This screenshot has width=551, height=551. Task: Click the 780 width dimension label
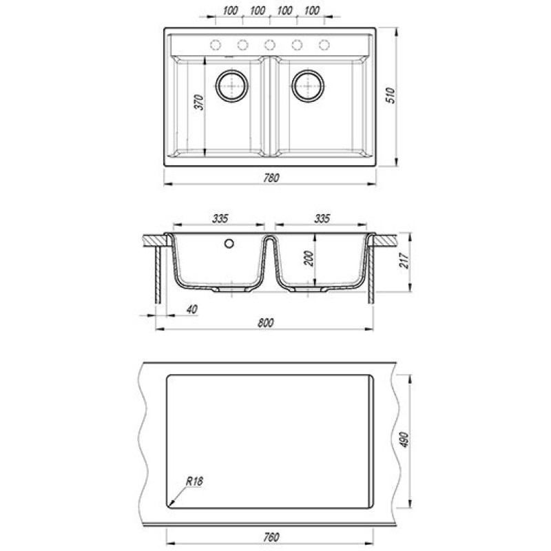[x=271, y=178]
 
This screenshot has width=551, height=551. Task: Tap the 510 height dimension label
[x=391, y=95]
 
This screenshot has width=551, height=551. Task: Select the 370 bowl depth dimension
[x=199, y=102]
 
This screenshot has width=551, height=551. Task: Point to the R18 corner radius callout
[x=194, y=481]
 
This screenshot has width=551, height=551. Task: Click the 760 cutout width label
[x=271, y=537]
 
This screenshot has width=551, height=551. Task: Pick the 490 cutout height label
[x=404, y=439]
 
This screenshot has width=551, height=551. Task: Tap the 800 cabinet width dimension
[x=265, y=322]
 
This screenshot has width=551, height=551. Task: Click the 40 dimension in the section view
[x=192, y=309]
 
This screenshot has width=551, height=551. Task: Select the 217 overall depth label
[x=404, y=260]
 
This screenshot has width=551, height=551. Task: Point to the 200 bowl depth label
[x=309, y=259]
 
